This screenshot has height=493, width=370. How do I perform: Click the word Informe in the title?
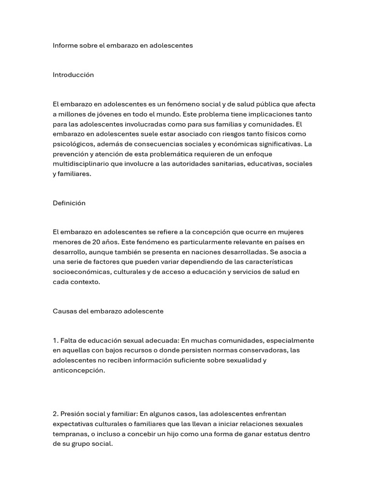[x=65, y=45]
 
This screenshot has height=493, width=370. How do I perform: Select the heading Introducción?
[x=73, y=75]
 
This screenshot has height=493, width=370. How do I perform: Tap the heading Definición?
[x=69, y=203]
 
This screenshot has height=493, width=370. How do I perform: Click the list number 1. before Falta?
[x=55, y=341]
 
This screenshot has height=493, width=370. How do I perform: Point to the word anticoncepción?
[x=78, y=370]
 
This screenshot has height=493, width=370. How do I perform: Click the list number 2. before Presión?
[x=56, y=414]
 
